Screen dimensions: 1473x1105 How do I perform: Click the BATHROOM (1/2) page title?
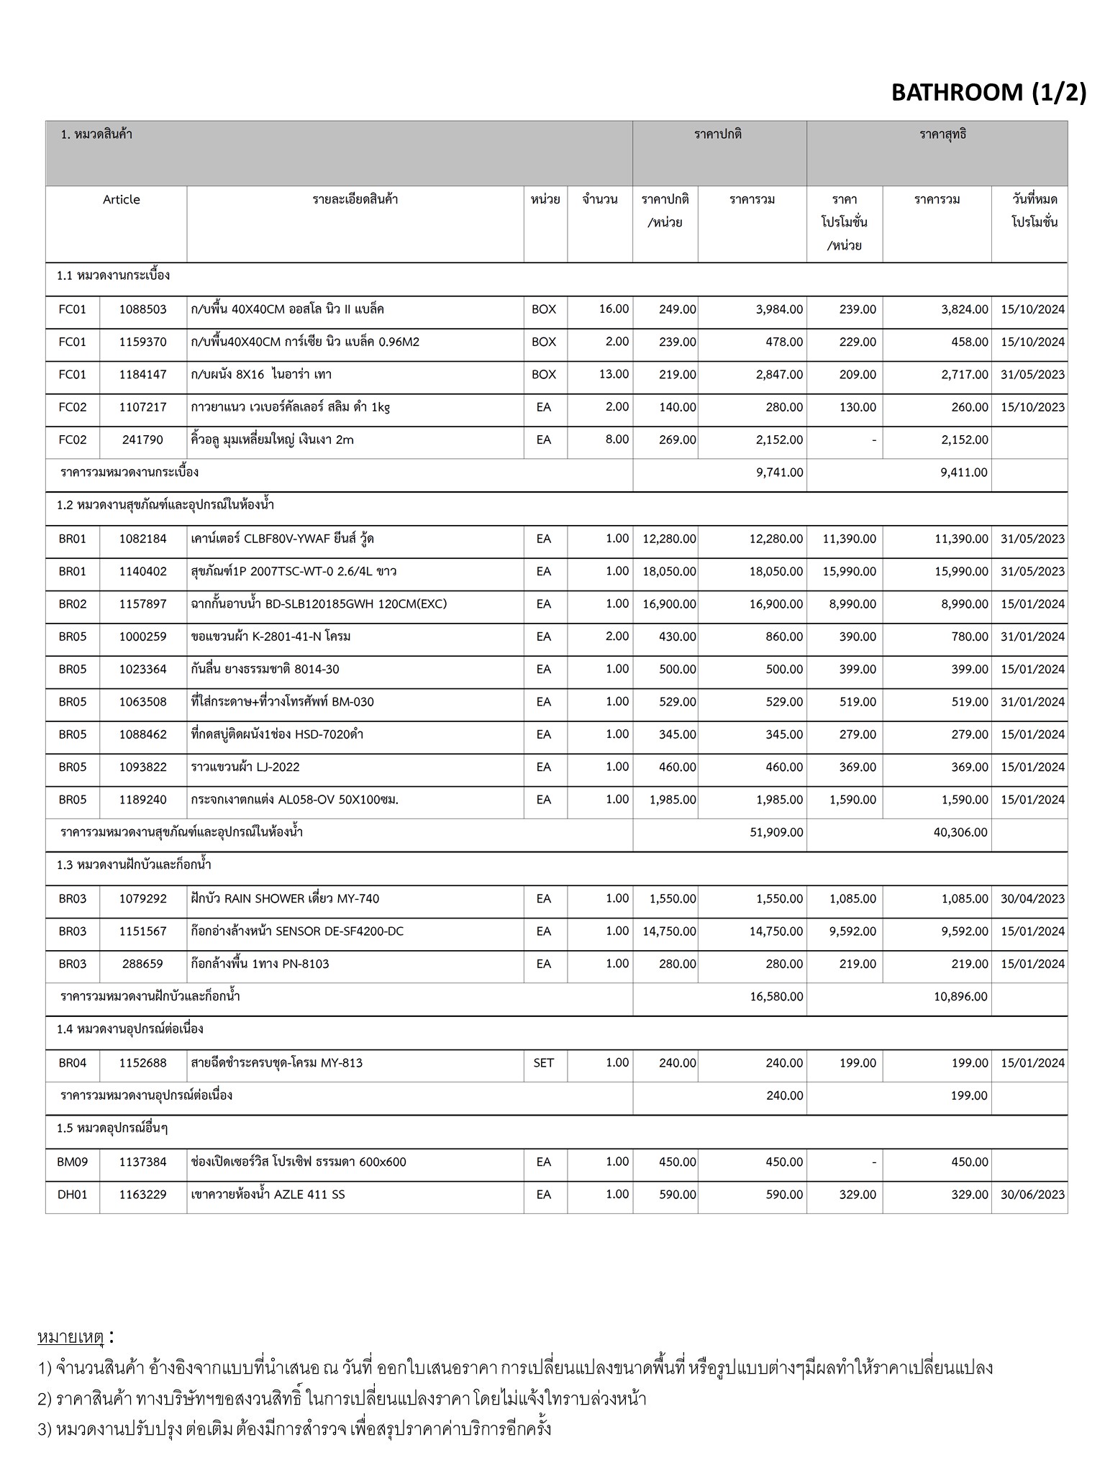[988, 92]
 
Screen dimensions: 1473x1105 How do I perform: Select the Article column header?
[121, 200]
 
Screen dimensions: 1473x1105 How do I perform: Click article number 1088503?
[142, 309]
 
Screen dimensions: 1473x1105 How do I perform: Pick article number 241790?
[142, 439]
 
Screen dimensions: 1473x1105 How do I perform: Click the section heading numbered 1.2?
[165, 506]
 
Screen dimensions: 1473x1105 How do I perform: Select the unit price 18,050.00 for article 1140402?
[669, 572]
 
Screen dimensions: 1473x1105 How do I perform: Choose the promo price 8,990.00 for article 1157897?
[852, 604]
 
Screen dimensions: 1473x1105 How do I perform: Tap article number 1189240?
[142, 800]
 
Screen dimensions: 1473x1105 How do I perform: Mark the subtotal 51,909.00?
[776, 832]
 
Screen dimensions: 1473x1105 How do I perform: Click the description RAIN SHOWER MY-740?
[285, 898]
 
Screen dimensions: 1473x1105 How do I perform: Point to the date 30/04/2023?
[1032, 898]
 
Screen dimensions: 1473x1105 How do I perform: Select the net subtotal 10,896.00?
[960, 997]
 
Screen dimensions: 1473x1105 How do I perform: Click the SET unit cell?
[544, 1062]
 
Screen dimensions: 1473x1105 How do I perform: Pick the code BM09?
[72, 1162]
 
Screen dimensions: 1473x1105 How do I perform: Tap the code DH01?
[72, 1195]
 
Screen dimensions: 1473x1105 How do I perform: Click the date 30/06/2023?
[1032, 1195]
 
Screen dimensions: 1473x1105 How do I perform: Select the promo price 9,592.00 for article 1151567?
[852, 931]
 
